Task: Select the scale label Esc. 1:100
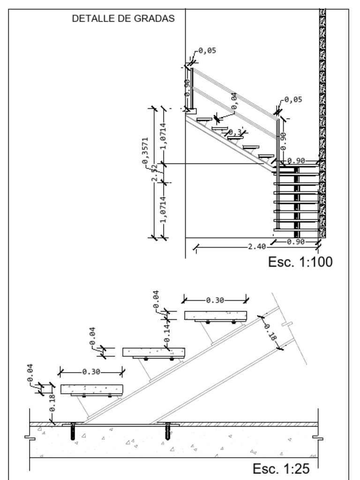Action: click(x=300, y=262)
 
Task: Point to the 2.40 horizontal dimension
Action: click(x=257, y=247)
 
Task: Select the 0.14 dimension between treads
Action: click(x=167, y=334)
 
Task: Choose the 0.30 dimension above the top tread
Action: click(x=215, y=300)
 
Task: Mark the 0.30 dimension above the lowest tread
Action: click(x=91, y=372)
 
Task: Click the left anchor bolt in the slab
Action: click(x=73, y=431)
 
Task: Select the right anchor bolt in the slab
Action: click(x=168, y=431)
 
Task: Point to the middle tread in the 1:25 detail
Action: click(x=154, y=352)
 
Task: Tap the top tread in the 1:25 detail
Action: click(x=215, y=315)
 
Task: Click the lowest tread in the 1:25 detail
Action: click(x=91, y=389)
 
